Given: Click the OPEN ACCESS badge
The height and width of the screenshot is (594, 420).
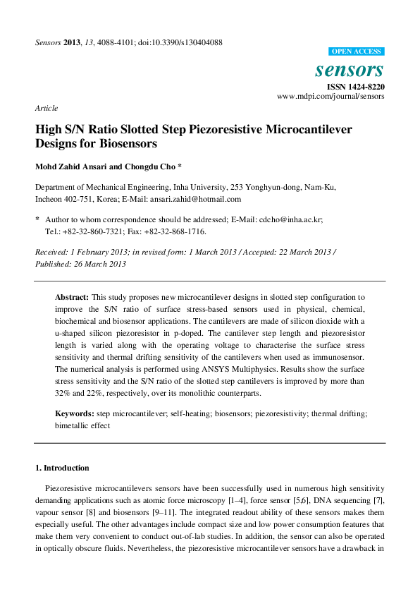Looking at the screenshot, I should [357, 51].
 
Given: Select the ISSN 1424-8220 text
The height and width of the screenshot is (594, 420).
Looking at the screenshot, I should [354, 86].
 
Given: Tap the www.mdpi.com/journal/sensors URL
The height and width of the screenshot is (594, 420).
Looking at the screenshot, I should [331, 96].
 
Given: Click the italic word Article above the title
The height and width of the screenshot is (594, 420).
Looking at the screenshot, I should [47, 108].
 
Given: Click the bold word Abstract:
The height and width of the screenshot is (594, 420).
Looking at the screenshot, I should [72, 298].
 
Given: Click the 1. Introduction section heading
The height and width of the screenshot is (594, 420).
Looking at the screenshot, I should [62, 468].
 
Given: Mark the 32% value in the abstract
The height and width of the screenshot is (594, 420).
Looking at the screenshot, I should [63, 393].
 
